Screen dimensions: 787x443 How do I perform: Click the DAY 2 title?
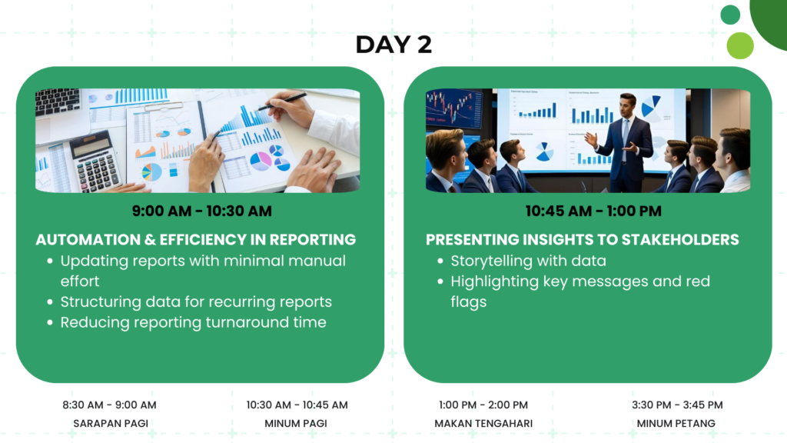tap(393, 44)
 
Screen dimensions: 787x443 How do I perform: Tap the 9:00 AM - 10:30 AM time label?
tap(202, 211)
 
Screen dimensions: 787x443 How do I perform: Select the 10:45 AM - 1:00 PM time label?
tap(593, 211)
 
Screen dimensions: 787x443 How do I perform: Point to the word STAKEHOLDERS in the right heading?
tap(680, 240)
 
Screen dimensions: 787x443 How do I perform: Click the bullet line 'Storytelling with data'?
tap(528, 261)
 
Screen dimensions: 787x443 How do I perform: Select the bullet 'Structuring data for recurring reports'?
tap(196, 301)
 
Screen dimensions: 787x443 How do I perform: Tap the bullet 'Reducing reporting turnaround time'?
tap(193, 322)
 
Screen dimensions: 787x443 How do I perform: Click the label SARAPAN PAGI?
tap(111, 424)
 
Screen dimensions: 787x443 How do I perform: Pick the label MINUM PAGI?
tap(296, 424)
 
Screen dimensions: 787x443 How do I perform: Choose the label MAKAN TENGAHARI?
tap(483, 424)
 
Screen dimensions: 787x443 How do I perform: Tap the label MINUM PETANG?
tap(676, 424)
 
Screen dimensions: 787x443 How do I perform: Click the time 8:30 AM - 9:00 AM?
tap(109, 405)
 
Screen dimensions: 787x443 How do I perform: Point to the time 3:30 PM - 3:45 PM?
tap(677, 405)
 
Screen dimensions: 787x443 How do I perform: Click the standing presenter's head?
tap(627, 104)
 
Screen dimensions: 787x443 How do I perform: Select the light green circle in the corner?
tap(740, 45)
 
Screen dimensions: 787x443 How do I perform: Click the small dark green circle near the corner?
tap(730, 15)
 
